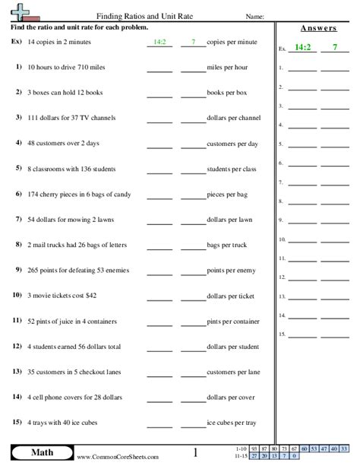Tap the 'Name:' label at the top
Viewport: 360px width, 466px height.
point(254,15)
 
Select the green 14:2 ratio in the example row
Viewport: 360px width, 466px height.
point(159,43)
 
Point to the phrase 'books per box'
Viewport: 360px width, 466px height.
point(226,92)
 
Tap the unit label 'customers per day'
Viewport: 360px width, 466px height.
point(232,143)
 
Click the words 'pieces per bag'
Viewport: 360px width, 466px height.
point(226,194)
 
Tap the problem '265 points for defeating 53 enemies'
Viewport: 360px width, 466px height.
point(73,270)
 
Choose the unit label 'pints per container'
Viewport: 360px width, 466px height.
point(232,321)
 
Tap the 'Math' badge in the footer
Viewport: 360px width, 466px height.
point(36,453)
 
